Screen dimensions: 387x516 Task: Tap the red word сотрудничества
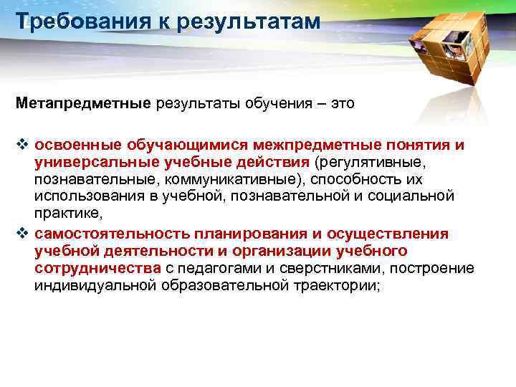click(97, 268)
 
